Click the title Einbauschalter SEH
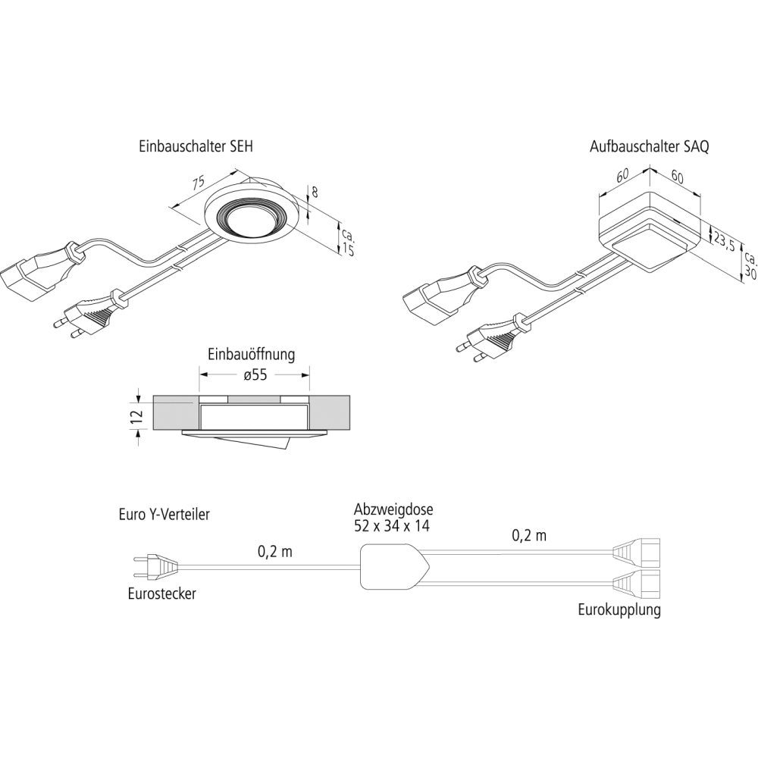pyautogui.click(x=196, y=146)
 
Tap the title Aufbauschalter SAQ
pyautogui.click(x=650, y=146)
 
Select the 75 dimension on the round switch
pyautogui.click(x=198, y=183)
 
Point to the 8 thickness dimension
pyautogui.click(x=315, y=192)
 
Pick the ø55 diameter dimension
pyautogui.click(x=255, y=374)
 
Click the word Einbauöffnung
pyautogui.click(x=252, y=354)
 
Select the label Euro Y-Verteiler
pyautogui.click(x=164, y=514)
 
